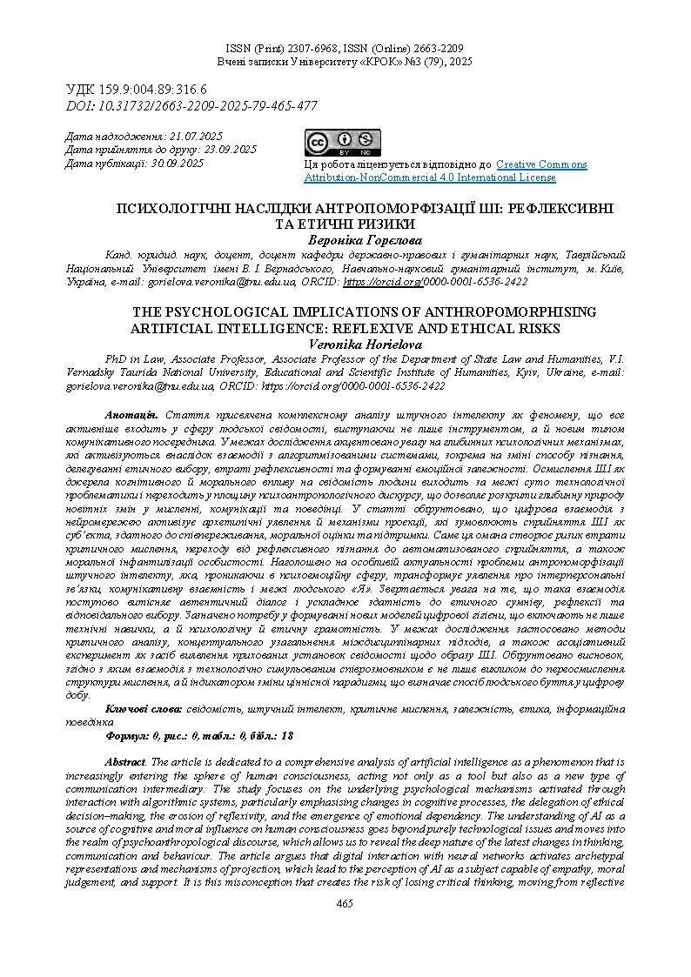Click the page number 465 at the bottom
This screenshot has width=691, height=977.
345,904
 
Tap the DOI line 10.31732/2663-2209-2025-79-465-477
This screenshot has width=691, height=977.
191,106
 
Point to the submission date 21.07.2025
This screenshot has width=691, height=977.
196,137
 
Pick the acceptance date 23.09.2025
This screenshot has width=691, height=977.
229,150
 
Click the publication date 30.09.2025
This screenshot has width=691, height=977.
178,163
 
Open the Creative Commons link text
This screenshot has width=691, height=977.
541,164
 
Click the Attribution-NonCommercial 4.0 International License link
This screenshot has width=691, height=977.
429,177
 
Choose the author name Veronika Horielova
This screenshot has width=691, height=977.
364,344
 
